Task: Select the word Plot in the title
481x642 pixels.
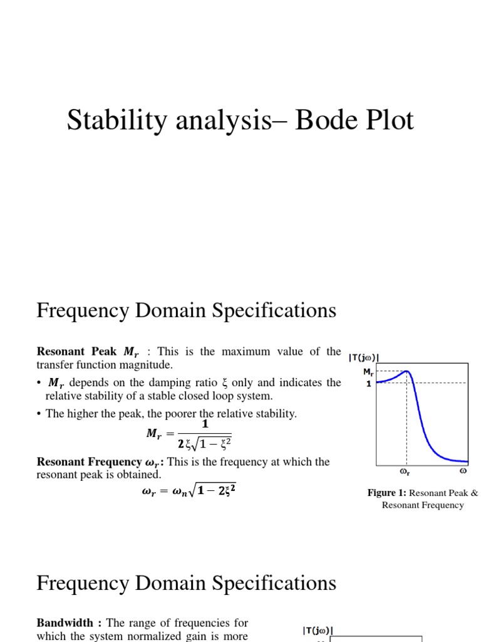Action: (x=388, y=120)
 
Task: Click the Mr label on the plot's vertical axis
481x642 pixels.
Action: (x=368, y=372)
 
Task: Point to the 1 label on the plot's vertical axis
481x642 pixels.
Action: (x=369, y=383)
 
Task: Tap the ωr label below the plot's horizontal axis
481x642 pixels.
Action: (x=405, y=470)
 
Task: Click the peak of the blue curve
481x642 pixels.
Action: (x=406, y=371)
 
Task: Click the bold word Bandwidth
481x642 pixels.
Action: (x=65, y=623)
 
